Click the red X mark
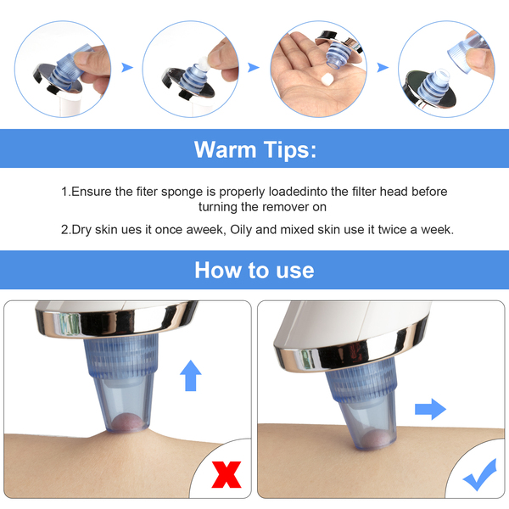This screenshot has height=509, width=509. pos(227,474)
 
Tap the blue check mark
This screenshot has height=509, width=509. pos(480,475)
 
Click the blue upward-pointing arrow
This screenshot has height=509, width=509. pos(191,376)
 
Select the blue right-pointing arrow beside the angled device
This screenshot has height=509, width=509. pos(430,409)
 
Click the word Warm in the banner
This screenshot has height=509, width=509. pos(225,149)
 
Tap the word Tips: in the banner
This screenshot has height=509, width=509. pos(289,150)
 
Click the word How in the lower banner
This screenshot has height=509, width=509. pos(216,270)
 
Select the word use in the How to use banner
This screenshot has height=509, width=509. pos(294,271)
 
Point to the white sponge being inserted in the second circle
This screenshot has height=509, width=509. pos(204,62)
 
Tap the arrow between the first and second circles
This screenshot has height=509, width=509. pos(127,68)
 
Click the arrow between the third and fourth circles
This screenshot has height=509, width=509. pos(383,68)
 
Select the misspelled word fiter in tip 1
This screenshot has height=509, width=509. pos(147,192)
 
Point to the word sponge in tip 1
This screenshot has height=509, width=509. pos(182,193)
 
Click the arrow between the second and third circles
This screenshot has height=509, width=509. pos(254,68)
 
